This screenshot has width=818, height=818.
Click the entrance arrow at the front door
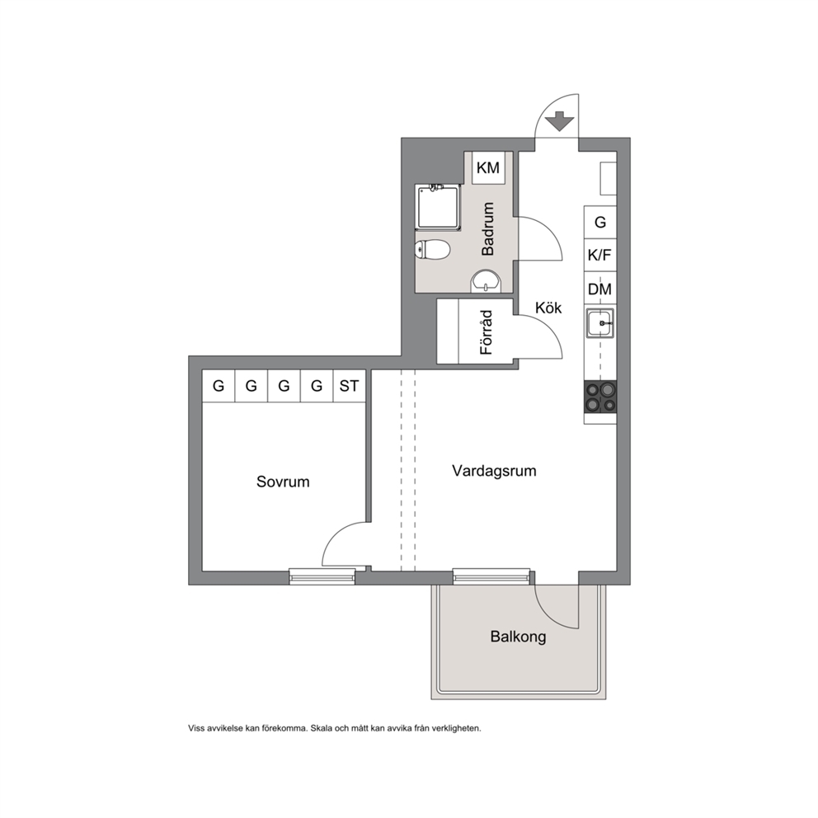point(560,121)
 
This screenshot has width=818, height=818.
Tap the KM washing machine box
point(488,167)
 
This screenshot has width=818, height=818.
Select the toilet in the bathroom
point(432,249)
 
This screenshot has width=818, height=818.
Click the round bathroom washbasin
point(487,283)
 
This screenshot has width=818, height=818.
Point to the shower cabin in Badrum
point(439,207)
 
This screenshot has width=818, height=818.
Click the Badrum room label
point(488,229)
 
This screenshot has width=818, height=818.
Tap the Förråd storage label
point(487,332)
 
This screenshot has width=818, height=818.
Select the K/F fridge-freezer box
point(600,255)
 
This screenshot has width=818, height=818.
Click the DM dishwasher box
point(600,289)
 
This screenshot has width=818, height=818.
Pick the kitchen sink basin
point(600,323)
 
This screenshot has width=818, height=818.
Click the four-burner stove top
point(600,397)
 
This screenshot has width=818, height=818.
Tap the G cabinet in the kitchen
point(600,223)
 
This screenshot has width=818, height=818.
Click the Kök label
point(548,308)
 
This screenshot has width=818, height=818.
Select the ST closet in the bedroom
point(349,386)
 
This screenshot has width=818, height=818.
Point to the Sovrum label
point(283,482)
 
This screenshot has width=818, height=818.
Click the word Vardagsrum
point(494,471)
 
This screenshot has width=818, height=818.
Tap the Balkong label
point(518,637)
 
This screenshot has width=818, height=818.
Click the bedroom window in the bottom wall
point(322,576)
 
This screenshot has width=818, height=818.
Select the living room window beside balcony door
point(491,576)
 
